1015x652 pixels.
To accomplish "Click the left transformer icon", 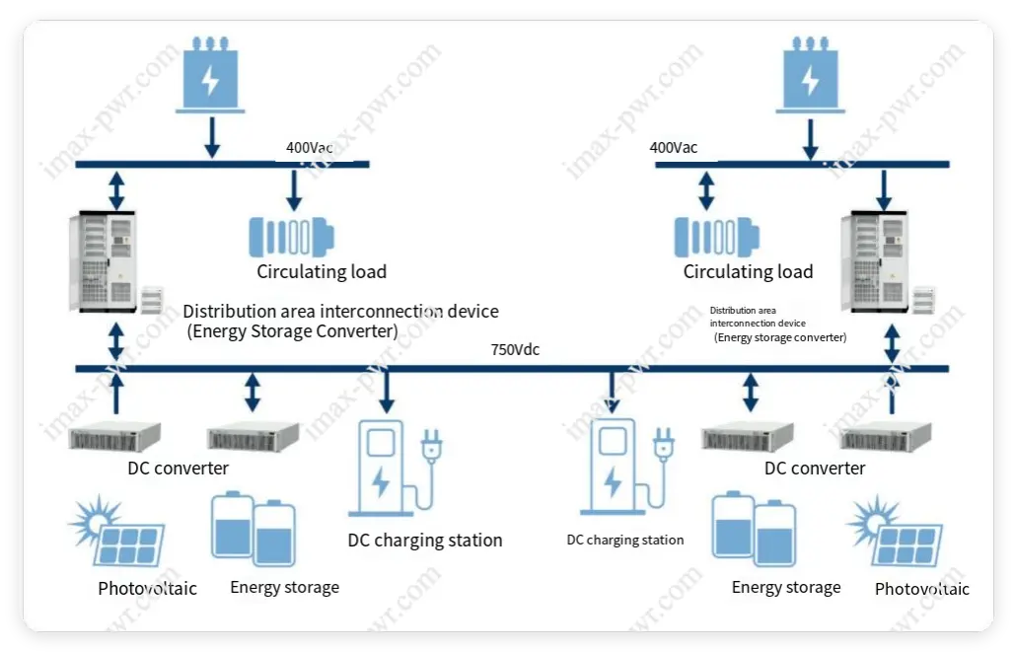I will [210, 76].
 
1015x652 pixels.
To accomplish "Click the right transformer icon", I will [809, 76].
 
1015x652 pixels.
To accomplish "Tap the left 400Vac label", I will [309, 148].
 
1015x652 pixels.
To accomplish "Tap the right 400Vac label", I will [674, 148].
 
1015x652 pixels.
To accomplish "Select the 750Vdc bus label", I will [515, 349].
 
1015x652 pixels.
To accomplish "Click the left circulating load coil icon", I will [291, 237].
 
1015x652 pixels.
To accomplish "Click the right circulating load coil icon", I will [717, 237].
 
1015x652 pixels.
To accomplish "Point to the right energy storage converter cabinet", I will [873, 258].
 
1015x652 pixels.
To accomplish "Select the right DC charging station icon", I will [614, 468].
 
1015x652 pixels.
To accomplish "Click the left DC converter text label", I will [178, 469].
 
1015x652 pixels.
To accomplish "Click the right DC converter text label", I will [815, 469].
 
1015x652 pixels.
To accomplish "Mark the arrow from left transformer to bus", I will [210, 136].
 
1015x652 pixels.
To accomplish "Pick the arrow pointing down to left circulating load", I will [293, 187].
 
